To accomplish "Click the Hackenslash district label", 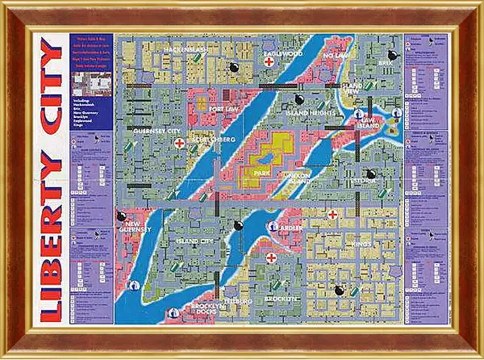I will (x=187, y=49).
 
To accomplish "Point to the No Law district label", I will (x=335, y=56).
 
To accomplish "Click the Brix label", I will (x=384, y=61).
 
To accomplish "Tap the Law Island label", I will (x=369, y=123).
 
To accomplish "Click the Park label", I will (x=261, y=173).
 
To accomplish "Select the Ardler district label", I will (x=290, y=228).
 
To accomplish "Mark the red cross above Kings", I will (x=332, y=214).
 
